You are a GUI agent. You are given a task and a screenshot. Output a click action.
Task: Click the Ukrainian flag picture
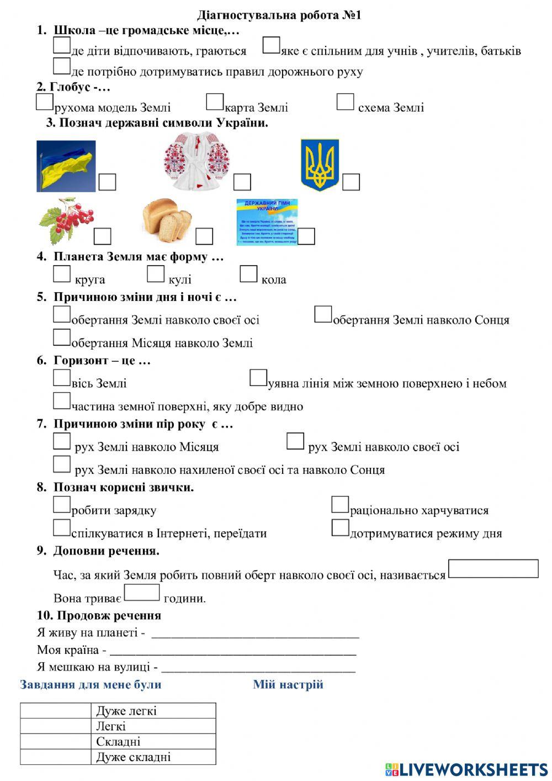pyautogui.click(x=66, y=166)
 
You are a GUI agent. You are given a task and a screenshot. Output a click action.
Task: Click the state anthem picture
pyautogui.click(x=267, y=221)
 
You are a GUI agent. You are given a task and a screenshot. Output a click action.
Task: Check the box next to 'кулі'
pyautogui.click(x=156, y=274)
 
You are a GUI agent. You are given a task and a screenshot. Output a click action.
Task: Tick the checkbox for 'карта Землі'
pyautogui.click(x=215, y=102)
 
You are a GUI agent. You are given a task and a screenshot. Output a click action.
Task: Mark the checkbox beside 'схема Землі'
pyautogui.click(x=346, y=102)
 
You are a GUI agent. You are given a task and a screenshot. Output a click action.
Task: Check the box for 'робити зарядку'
pyautogui.click(x=62, y=505)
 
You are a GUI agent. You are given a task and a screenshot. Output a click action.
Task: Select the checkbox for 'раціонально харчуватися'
pyautogui.click(x=340, y=505)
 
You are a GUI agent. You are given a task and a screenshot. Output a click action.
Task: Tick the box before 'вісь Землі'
pyautogui.click(x=62, y=378)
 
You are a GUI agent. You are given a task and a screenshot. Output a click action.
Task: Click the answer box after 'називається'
pyautogui.click(x=493, y=569)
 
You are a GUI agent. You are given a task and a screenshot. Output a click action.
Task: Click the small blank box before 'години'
pyautogui.click(x=142, y=593)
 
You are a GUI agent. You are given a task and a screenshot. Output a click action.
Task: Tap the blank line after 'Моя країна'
pyautogui.click(x=232, y=651)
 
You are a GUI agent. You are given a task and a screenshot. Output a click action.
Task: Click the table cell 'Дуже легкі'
pyautogui.click(x=153, y=711)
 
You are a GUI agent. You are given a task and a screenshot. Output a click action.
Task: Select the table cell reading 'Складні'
pyautogui.click(x=153, y=742)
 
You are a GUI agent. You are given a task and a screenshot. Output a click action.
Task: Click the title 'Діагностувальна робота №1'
pyautogui.click(x=279, y=15)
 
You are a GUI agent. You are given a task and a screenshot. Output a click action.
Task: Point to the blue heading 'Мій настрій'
pyautogui.click(x=288, y=685)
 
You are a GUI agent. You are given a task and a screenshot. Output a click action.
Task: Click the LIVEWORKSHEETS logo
pyautogui.click(x=466, y=769)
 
